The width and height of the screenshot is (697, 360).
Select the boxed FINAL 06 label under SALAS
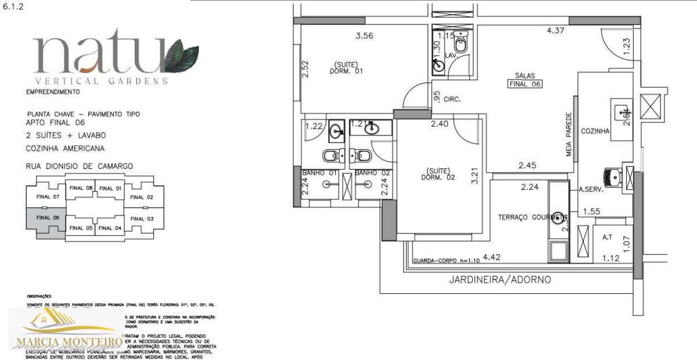point(524,84)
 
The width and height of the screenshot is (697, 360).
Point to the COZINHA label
point(595,131)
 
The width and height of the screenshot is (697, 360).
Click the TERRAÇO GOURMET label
point(530,217)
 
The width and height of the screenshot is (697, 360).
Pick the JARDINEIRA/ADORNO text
point(500,279)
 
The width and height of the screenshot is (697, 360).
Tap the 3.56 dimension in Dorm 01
point(364,35)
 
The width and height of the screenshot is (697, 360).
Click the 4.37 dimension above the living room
point(555,31)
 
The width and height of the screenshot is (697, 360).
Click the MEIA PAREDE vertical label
point(569,134)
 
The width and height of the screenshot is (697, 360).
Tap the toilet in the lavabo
point(461,45)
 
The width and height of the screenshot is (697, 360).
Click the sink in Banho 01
point(336,132)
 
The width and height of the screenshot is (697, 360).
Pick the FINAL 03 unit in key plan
point(142,218)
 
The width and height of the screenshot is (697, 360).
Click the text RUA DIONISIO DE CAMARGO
point(80,166)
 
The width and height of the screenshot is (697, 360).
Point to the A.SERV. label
point(591,189)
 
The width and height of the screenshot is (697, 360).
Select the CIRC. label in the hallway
point(452,99)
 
